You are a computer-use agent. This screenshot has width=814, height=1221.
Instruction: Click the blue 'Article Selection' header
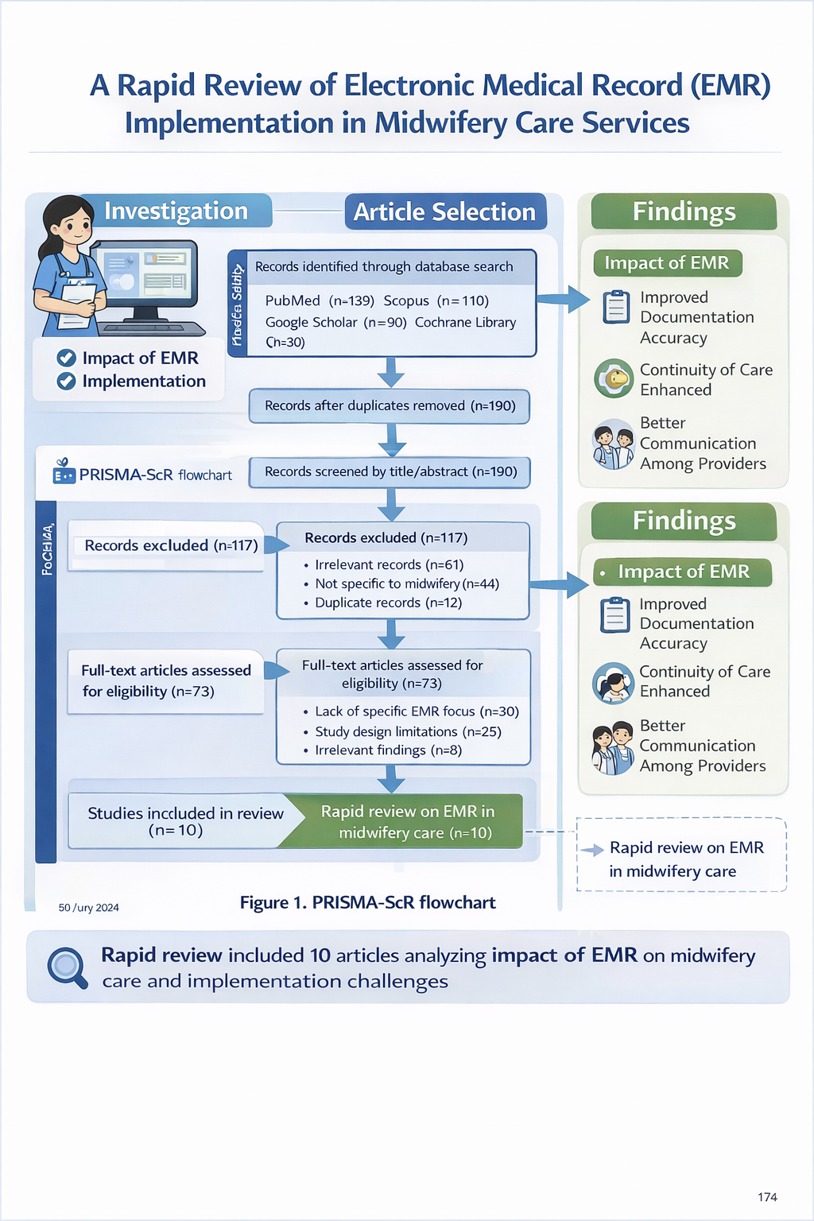[445, 211]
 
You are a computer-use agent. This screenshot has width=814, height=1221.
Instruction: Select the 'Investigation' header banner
[176, 211]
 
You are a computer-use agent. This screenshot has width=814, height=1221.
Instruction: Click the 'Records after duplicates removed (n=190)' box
[390, 405]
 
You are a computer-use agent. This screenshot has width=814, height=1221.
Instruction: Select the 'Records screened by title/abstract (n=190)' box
[390, 471]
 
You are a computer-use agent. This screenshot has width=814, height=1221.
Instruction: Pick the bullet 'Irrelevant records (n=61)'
[389, 564]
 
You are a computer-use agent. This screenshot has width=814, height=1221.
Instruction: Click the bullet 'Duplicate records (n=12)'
[388, 603]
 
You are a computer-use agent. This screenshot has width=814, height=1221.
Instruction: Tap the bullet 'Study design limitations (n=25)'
[408, 731]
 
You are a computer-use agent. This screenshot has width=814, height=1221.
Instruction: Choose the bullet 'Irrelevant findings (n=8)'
[388, 750]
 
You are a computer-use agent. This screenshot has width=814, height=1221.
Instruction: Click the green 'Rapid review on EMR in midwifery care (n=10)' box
[407, 821]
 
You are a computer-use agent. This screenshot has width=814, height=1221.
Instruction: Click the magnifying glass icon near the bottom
[67, 967]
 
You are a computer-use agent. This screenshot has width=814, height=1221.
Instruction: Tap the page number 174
[767, 1197]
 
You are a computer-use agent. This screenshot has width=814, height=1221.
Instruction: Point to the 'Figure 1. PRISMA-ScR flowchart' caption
[367, 902]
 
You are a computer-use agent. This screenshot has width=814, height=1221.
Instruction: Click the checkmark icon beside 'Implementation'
[66, 382]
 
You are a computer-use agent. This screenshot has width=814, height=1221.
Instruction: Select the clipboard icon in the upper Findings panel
[616, 307]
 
